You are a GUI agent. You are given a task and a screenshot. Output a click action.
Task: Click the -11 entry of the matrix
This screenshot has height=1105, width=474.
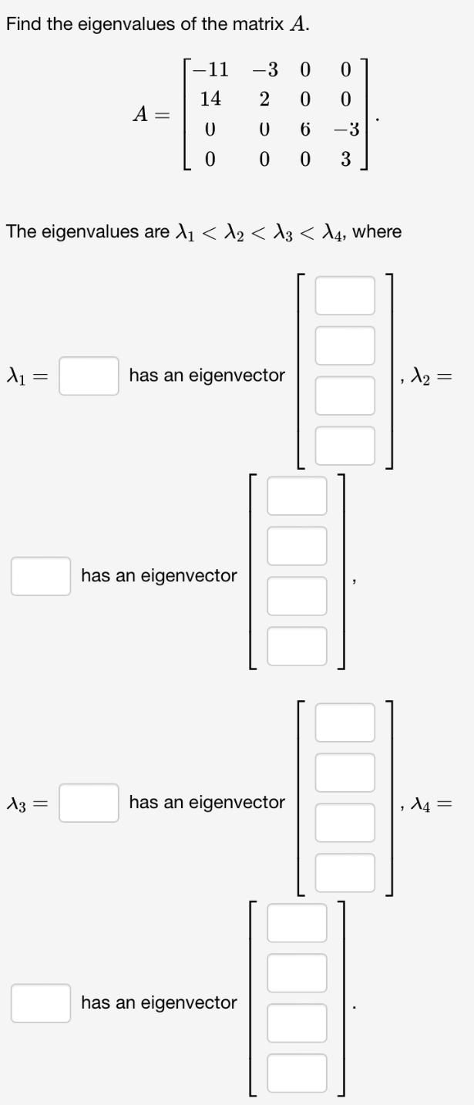[x=212, y=70]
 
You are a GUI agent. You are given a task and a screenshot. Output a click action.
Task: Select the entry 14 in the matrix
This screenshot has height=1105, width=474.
[x=210, y=99]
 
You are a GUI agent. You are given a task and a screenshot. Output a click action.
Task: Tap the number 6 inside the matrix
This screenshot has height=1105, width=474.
[x=305, y=130]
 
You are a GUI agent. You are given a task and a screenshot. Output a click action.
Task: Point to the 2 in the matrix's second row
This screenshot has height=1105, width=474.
[x=264, y=99]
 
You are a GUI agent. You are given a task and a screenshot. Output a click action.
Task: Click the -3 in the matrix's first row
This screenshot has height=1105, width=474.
[x=264, y=70]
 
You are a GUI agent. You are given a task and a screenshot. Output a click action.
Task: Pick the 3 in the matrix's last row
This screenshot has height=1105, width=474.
[x=345, y=160]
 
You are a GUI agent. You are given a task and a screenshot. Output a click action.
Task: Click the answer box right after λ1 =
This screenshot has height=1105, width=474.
[x=89, y=376]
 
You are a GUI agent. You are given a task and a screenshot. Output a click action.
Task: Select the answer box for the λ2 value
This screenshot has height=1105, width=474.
[x=40, y=576]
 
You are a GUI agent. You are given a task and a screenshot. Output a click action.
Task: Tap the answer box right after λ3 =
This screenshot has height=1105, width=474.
[x=89, y=803]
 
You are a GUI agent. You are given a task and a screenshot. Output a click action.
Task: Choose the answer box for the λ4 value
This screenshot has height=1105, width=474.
[x=40, y=1003]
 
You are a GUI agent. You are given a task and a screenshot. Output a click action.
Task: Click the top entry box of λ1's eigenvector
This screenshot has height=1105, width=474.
[x=345, y=296]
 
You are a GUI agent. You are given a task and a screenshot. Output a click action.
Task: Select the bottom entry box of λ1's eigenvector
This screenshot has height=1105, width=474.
[x=345, y=446]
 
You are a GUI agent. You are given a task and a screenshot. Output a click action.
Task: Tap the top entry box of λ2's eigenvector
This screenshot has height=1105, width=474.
[x=297, y=496]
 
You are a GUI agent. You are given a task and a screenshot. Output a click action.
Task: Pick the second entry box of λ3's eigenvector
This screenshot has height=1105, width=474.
[x=345, y=773]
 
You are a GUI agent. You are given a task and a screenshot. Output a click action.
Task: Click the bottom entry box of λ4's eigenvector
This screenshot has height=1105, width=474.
[x=297, y=1073]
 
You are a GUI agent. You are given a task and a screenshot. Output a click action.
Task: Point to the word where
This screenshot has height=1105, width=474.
[x=377, y=231]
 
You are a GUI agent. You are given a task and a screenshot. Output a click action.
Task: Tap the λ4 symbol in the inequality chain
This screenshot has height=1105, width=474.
[x=332, y=232]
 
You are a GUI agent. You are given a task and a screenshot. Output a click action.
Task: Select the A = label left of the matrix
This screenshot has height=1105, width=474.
[x=148, y=114]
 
